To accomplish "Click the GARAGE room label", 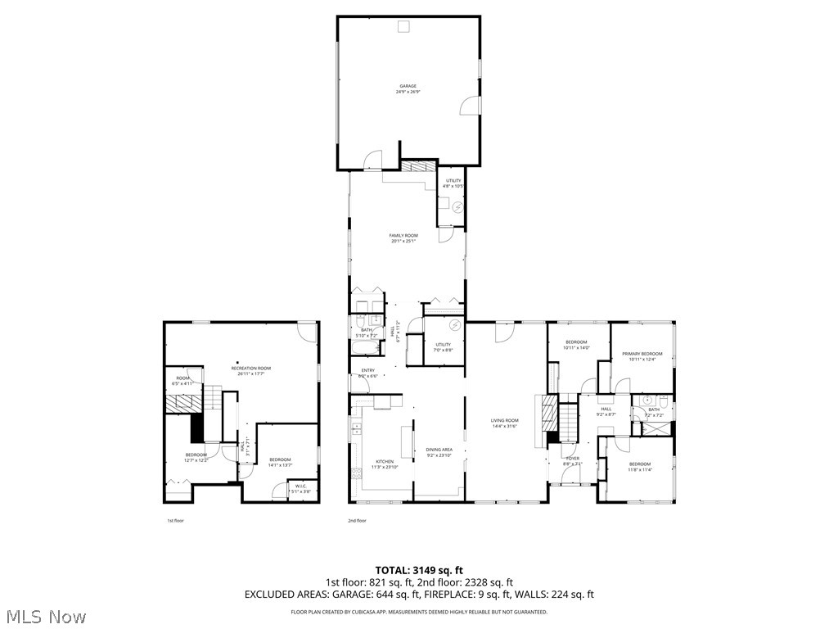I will [x=408, y=86].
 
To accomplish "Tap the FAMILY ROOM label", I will [x=403, y=236].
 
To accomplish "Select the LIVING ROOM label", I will [x=505, y=420].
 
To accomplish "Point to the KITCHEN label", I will [x=385, y=461].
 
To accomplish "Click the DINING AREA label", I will [x=439, y=450].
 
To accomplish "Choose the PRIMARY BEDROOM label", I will [x=642, y=354].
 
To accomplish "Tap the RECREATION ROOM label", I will [x=250, y=369].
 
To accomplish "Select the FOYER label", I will [x=573, y=459].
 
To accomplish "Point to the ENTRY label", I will [x=368, y=371].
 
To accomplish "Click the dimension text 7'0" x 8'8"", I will [x=444, y=351].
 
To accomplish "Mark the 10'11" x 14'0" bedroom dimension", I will [x=576, y=348].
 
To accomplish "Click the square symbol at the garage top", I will [x=403, y=27].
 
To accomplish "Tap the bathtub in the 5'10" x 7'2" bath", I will [x=365, y=348].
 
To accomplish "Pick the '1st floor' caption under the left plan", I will [x=175, y=520].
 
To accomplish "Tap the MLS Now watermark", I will [x=46, y=616].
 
